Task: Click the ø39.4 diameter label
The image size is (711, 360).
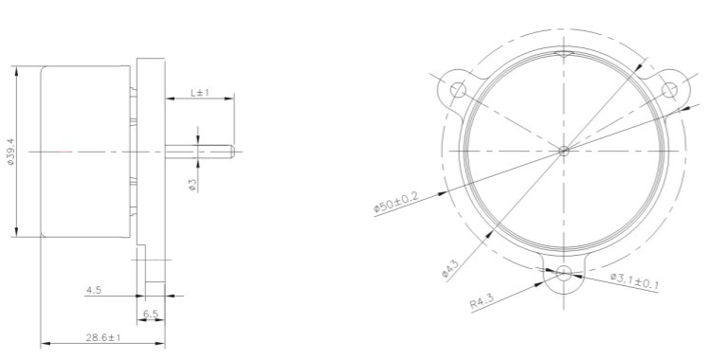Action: [x=10, y=152]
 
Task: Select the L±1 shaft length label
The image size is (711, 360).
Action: [x=199, y=93]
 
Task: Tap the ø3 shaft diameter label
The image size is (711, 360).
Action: [x=192, y=185]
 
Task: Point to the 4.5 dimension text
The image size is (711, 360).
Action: [x=94, y=290]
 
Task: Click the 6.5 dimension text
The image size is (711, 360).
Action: [x=151, y=314]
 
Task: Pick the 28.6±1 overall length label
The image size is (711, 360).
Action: [x=103, y=337]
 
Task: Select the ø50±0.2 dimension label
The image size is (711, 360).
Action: [x=396, y=202]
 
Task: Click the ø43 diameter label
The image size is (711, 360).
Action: [x=450, y=267]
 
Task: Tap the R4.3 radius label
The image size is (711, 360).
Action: [x=481, y=301]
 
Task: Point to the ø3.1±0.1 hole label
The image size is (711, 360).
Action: [x=634, y=281]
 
